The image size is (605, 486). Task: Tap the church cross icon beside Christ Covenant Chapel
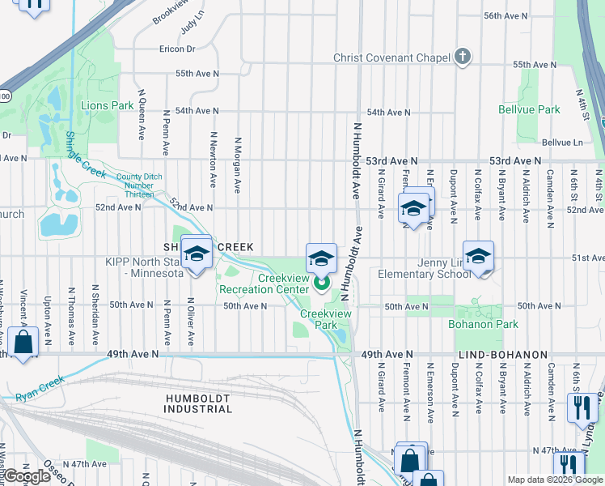tap(462, 57)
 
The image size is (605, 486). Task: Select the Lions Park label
tap(107, 105)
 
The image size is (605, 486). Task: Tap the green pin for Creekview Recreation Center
tap(321, 283)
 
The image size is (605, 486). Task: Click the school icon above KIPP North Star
tap(196, 254)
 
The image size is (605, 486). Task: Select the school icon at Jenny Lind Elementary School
tap(478, 258)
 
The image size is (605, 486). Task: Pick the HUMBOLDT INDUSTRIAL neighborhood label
tap(198, 403)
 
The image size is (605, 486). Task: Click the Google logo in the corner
tap(27, 476)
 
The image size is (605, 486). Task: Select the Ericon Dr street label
tap(177, 49)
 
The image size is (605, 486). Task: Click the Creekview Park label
tap(319, 318)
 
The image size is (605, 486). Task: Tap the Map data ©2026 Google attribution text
tap(554, 480)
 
